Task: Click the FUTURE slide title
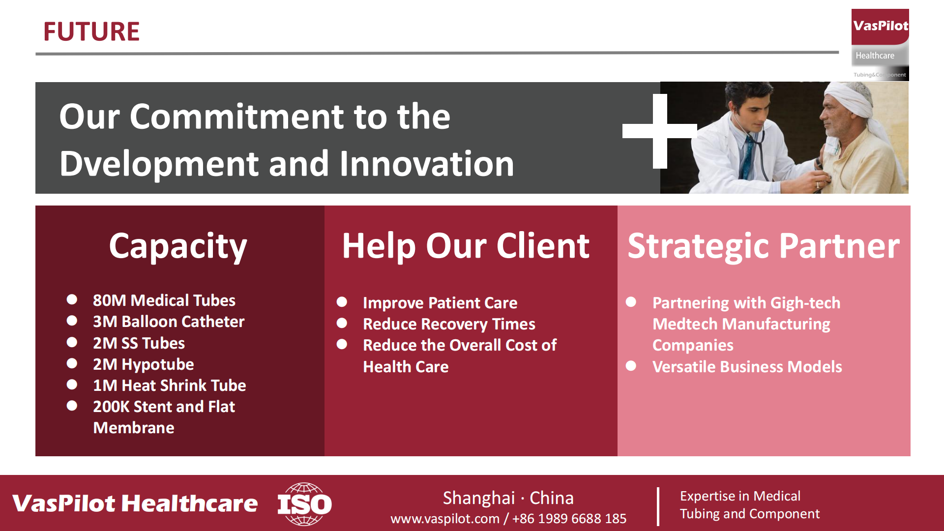91,31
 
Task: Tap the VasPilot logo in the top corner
880,44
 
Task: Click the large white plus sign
660,131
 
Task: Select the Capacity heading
178,246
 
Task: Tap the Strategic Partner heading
764,246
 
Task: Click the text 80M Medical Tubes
164,300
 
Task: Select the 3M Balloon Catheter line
169,322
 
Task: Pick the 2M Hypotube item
144,364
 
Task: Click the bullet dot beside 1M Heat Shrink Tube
72,384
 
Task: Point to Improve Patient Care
440,303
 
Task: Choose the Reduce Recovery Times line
449,324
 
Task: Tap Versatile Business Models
747,367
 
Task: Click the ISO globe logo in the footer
305,504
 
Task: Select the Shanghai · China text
508,498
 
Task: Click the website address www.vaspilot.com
445,519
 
